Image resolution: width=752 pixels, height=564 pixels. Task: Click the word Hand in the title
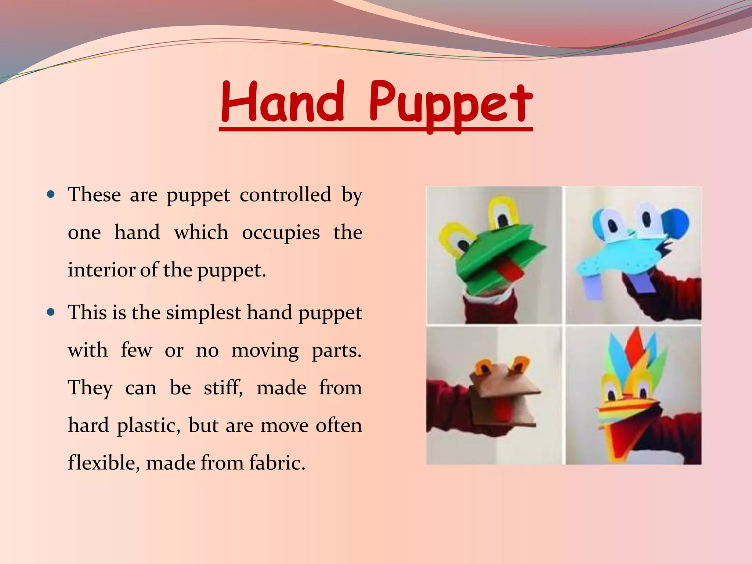(282, 102)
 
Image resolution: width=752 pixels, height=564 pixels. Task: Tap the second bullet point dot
(51, 312)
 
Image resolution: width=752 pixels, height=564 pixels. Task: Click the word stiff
(223, 388)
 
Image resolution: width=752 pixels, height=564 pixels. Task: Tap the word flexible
(104, 463)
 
